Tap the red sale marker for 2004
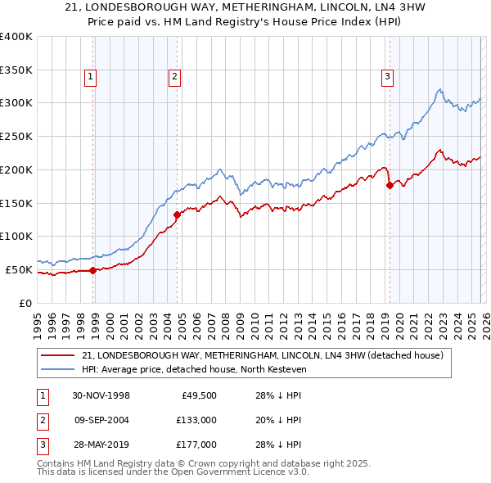click(x=177, y=215)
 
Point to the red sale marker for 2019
click(x=390, y=186)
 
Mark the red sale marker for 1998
click(x=93, y=269)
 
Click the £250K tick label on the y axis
click(x=16, y=137)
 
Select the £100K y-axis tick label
click(x=16, y=237)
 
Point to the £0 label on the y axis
click(x=25, y=303)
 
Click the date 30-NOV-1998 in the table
click(x=101, y=395)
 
